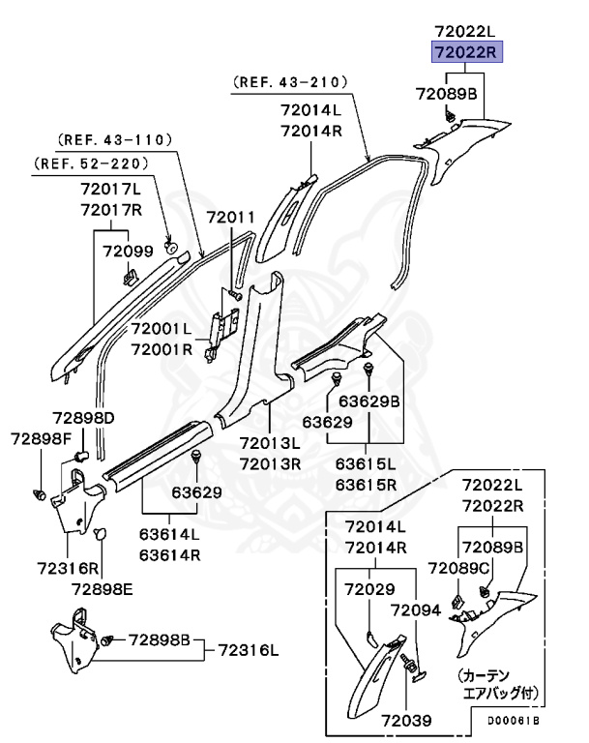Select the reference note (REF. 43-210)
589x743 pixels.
point(288,84)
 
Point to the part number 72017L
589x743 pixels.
point(111,191)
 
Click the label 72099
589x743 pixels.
point(128,252)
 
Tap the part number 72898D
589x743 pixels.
point(83,417)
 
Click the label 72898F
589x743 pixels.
point(42,439)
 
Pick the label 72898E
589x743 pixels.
point(103,587)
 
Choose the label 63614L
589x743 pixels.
point(168,534)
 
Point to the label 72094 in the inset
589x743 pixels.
point(415,609)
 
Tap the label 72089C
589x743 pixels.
point(456,567)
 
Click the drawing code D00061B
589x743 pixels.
point(512,722)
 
